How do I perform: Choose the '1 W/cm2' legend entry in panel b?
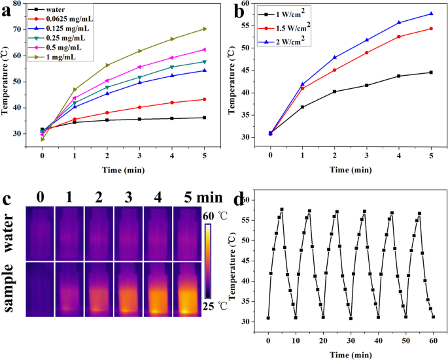tap(300, 14)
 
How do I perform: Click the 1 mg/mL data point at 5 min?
tap(205, 29)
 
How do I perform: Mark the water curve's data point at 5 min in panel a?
tap(205, 118)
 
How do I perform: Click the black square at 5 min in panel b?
tap(431, 73)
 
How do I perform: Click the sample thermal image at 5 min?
tap(188, 288)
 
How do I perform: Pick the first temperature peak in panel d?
tap(282, 210)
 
